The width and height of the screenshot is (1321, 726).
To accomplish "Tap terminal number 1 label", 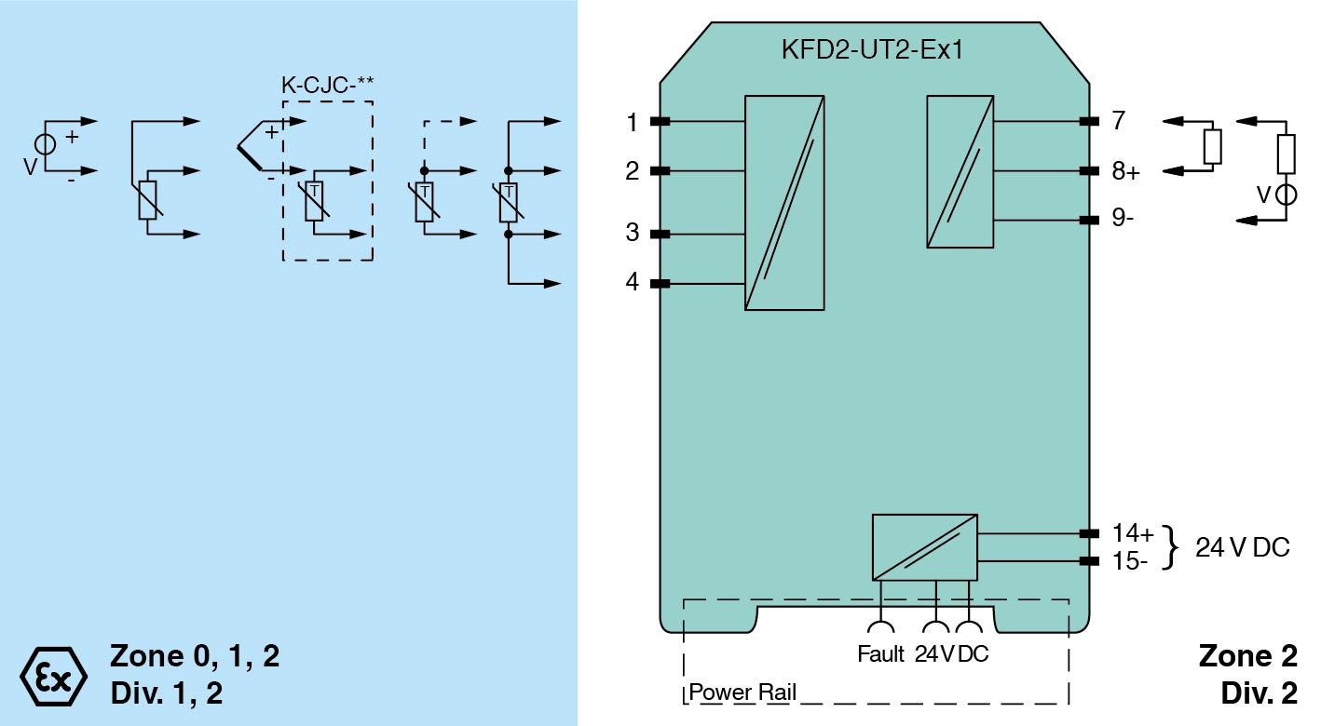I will [x=633, y=122].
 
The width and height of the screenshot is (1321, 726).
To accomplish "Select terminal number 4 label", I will [x=633, y=282].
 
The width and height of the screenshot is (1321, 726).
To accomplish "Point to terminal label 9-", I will [x=1124, y=221].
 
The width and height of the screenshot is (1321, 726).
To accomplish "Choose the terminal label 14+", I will [x=1133, y=534].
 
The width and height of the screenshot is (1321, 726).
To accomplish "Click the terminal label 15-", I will [x=1130, y=561].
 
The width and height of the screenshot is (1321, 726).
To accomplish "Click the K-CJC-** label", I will [x=328, y=85].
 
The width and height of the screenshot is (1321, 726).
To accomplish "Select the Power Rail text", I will [x=742, y=693].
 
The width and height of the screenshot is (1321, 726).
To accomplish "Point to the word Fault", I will [x=880, y=654].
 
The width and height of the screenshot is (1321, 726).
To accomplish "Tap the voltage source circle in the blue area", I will [x=44, y=145].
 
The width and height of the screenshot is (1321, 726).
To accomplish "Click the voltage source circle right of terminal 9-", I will [x=1286, y=195].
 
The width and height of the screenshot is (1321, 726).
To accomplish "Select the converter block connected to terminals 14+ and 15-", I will [x=924, y=546].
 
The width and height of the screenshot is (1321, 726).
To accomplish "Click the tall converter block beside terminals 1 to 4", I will [x=784, y=202].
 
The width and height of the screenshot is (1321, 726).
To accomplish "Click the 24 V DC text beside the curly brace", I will [x=1243, y=548].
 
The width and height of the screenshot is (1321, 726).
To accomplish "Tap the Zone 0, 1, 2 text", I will [x=195, y=656].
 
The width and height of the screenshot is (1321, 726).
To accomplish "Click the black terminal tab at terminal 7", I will [x=1087, y=122].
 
